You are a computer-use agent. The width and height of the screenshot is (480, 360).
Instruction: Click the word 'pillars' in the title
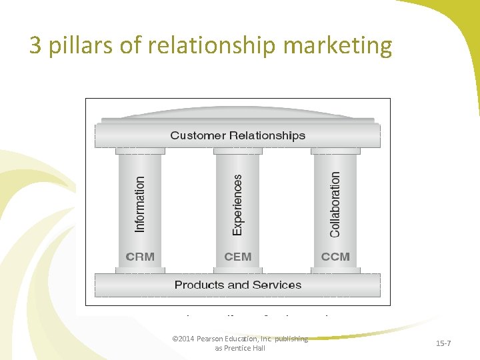coord(71,45)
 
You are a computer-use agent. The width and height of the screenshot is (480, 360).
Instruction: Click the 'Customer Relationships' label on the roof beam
coord(237,135)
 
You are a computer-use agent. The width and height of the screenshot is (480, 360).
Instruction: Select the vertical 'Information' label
coord(140,204)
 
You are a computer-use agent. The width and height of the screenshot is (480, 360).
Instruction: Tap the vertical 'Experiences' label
coord(238,204)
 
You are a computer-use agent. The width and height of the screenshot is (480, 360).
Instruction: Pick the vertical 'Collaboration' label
coord(335,204)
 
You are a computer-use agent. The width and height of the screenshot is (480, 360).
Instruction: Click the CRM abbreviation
coord(140,257)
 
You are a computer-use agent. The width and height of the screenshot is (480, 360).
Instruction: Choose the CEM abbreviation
coord(238,257)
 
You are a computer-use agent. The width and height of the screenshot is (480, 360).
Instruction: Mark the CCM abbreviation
coord(335,257)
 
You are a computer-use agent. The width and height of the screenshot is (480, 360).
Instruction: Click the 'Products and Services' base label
coord(237,285)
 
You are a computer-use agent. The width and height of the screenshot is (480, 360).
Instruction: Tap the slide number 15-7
coord(443,343)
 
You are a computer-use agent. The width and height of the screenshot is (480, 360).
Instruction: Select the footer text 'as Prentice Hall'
coord(239,348)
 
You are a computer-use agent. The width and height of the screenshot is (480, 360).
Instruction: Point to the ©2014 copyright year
coord(182,339)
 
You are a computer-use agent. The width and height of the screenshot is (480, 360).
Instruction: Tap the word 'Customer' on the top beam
coord(198,135)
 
